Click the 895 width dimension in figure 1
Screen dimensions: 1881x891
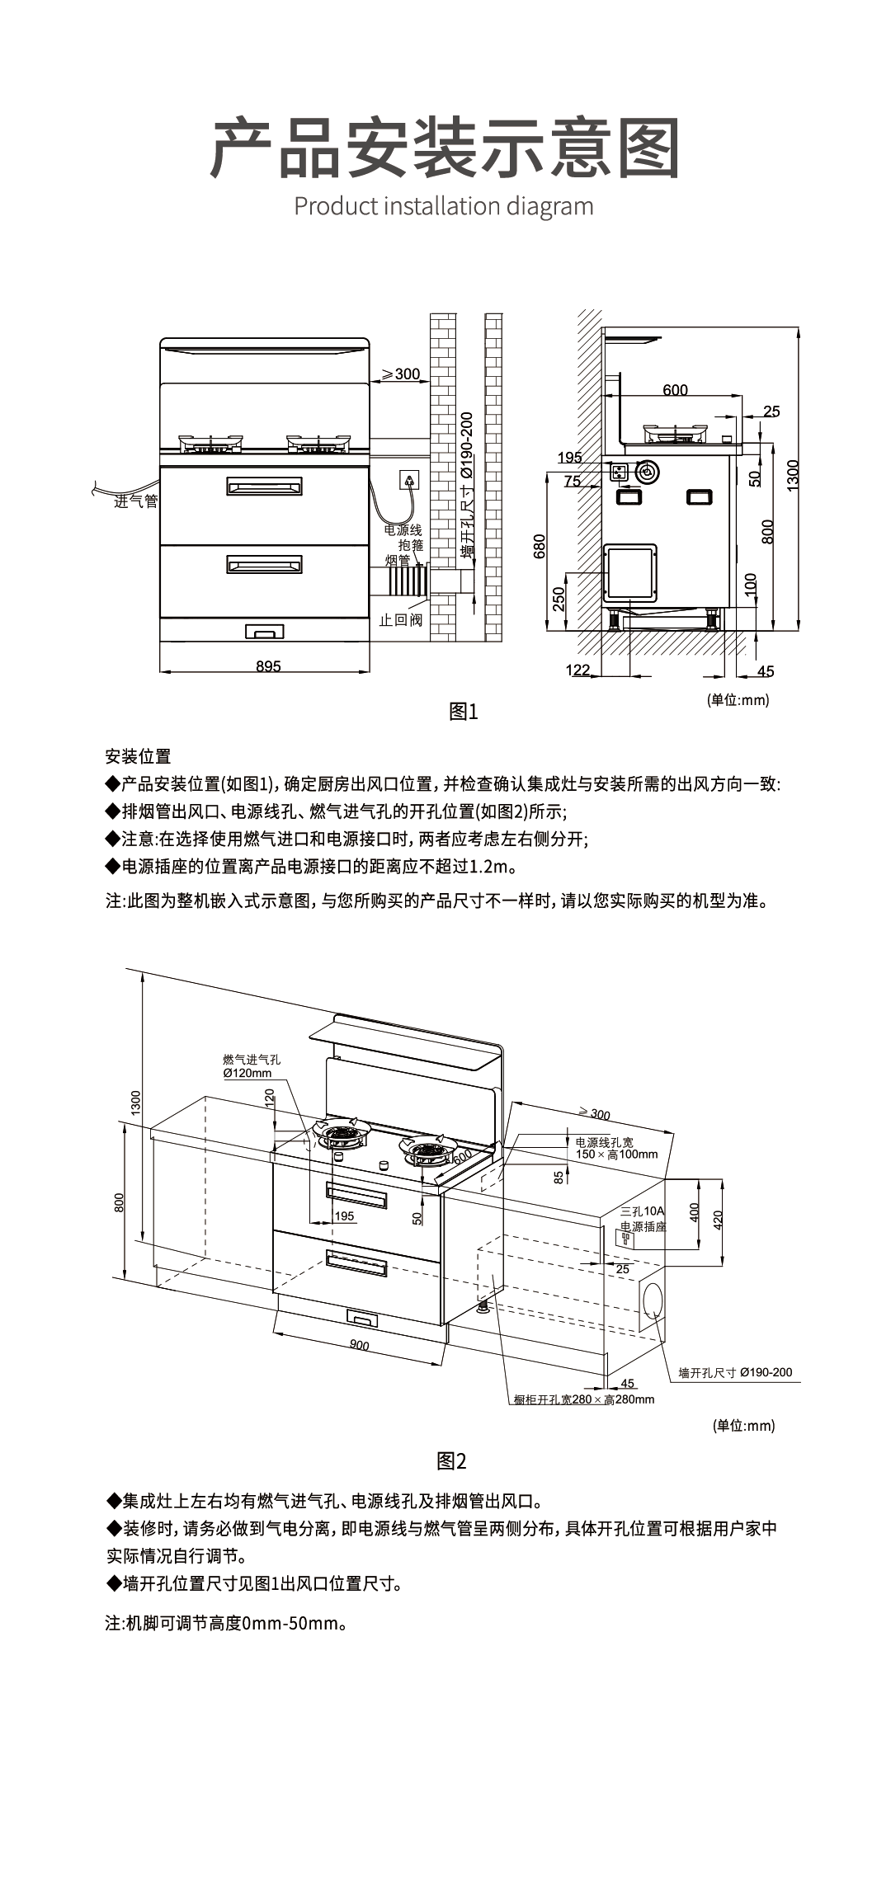(268, 665)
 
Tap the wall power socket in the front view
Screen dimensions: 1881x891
(408, 478)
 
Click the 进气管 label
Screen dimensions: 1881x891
(135, 501)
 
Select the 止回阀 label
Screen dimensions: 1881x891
(400, 619)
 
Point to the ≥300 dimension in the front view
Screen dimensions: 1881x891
(401, 374)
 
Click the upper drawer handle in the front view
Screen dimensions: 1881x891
(264, 486)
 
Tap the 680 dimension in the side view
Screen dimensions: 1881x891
(540, 546)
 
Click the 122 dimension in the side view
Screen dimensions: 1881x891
(578, 670)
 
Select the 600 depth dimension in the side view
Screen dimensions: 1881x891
(675, 390)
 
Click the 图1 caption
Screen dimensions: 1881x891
(463, 712)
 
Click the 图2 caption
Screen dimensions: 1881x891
(451, 1461)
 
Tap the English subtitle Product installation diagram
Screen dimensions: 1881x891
(444, 205)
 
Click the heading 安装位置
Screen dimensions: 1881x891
(138, 756)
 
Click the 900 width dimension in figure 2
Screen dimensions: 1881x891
(359, 1345)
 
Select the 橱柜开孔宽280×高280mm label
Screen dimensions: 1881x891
(583, 1399)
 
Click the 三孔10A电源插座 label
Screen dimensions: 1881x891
(643, 1219)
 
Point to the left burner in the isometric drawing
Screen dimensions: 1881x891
(342, 1136)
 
